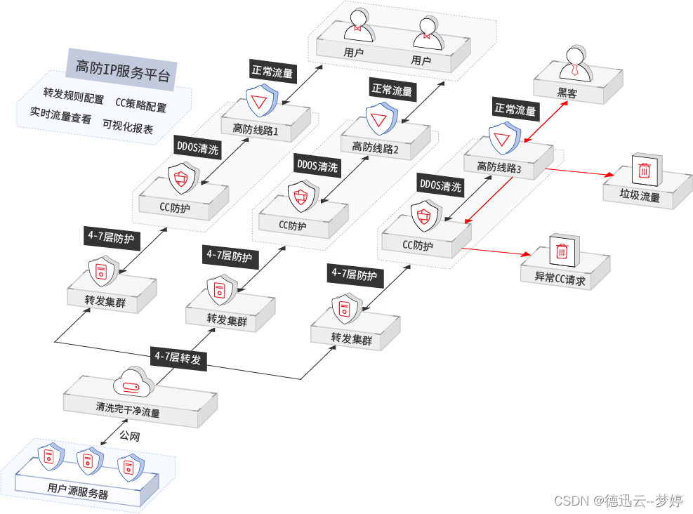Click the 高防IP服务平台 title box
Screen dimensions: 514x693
(x=121, y=68)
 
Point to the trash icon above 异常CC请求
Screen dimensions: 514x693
(x=562, y=250)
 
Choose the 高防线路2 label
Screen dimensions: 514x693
(x=375, y=147)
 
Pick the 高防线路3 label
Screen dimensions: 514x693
(x=499, y=166)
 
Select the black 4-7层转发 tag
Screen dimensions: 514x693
(x=178, y=357)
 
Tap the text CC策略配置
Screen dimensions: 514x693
(x=141, y=107)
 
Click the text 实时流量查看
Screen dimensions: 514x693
(x=60, y=119)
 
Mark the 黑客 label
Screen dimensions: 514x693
(x=567, y=93)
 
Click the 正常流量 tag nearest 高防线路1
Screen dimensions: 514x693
(x=272, y=71)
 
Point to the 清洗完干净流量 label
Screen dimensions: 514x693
(x=128, y=410)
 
